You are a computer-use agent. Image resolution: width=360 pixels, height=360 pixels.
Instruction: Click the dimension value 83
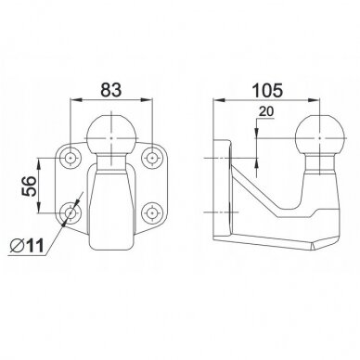[x=111, y=90]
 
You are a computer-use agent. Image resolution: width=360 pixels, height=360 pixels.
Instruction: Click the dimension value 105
[x=267, y=90]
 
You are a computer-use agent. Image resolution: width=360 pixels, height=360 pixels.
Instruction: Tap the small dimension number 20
[x=266, y=111]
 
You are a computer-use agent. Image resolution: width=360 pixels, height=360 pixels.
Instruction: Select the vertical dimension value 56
[x=29, y=186]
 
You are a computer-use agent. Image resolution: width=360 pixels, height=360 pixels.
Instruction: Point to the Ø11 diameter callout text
[x=27, y=246]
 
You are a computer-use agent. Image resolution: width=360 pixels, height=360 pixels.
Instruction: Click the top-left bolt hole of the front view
[x=71, y=158]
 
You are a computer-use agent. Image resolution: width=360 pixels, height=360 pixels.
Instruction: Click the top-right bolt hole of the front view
[x=152, y=158]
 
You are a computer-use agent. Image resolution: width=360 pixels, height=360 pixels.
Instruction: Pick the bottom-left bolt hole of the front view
[x=71, y=213]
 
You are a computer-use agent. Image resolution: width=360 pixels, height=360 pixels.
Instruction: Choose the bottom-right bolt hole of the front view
[x=152, y=213]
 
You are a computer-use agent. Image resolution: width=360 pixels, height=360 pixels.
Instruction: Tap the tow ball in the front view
[x=111, y=135]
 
